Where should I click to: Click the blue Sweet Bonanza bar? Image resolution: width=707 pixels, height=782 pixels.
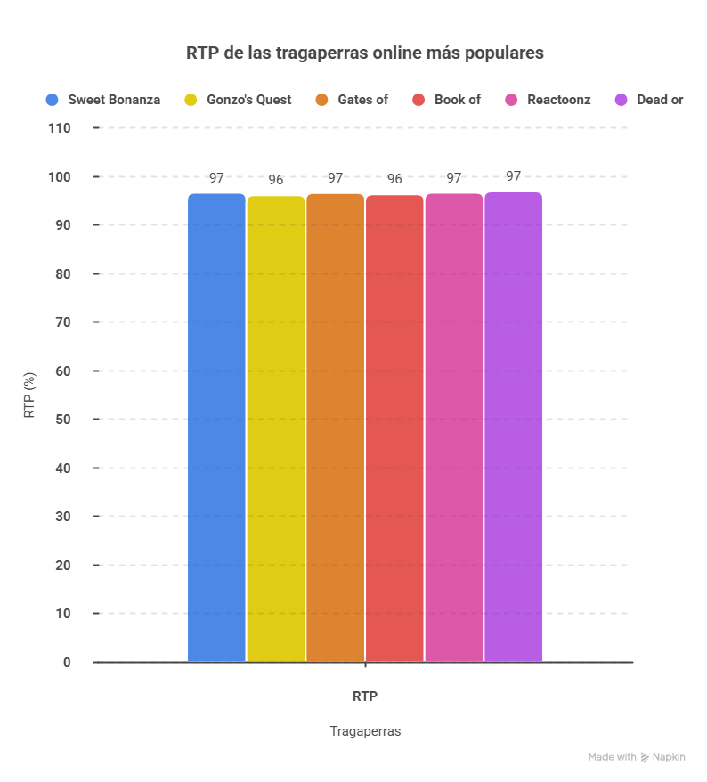(216, 428)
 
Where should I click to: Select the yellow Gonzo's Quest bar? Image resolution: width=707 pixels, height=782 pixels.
(276, 428)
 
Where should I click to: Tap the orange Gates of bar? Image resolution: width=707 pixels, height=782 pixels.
(335, 428)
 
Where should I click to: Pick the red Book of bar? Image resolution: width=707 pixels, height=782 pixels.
(394, 428)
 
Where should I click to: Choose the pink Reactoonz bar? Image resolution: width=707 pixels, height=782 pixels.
(454, 428)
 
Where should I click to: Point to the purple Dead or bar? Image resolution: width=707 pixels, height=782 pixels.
(514, 428)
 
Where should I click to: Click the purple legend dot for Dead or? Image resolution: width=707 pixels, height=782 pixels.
(622, 100)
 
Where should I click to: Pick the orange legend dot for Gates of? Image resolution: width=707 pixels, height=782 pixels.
(322, 100)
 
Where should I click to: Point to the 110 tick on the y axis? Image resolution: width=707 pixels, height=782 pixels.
(60, 128)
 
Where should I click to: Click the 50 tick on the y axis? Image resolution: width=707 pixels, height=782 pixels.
(63, 420)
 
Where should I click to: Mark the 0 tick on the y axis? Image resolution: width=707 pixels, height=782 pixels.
(67, 663)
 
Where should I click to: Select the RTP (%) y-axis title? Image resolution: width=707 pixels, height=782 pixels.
(30, 395)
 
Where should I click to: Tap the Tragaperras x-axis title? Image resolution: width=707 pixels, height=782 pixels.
(365, 731)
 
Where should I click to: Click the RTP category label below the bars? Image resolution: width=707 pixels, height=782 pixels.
(365, 696)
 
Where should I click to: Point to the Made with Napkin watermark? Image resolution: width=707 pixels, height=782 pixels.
(637, 757)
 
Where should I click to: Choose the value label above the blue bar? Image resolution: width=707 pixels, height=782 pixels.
(216, 178)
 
